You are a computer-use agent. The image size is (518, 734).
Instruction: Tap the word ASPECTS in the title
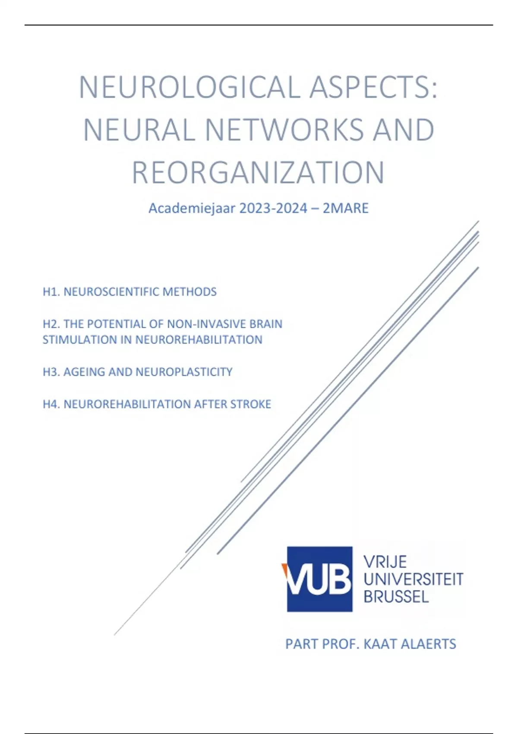tap(374, 88)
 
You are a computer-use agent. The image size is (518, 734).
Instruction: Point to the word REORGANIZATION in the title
tap(258, 173)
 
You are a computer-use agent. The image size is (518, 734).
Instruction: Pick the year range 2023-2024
tap(273, 209)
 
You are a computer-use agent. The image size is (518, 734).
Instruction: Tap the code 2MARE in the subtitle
tap(346, 209)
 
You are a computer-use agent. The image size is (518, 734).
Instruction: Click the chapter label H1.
tap(51, 292)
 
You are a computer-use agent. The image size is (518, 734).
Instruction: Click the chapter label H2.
tap(51, 324)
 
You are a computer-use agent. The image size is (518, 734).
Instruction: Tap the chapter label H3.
tap(51, 372)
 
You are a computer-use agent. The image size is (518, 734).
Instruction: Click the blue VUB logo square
tap(320, 579)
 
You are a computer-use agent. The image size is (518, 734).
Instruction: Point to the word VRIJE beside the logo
tap(385, 562)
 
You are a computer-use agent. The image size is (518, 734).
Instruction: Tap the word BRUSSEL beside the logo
tap(396, 597)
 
